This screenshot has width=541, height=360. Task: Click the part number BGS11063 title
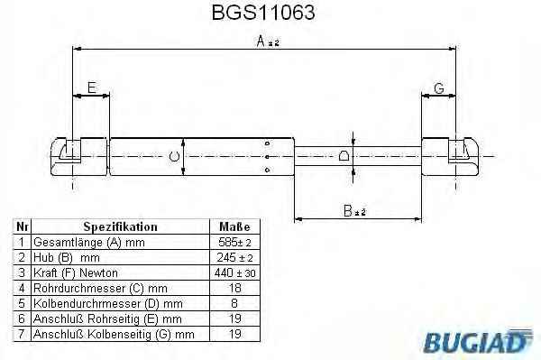[x=263, y=13]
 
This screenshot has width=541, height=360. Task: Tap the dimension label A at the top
[x=261, y=42]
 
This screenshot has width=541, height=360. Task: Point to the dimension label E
[x=92, y=88]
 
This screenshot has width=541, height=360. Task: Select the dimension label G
[x=439, y=88]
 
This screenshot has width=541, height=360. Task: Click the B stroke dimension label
[x=348, y=210]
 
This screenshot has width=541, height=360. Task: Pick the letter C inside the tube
[x=174, y=157]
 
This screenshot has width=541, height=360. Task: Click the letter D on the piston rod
[x=344, y=156]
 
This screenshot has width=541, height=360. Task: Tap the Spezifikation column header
[x=121, y=226]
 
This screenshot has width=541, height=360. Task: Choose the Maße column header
[x=234, y=226]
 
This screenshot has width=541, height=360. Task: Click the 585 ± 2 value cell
[x=234, y=243]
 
